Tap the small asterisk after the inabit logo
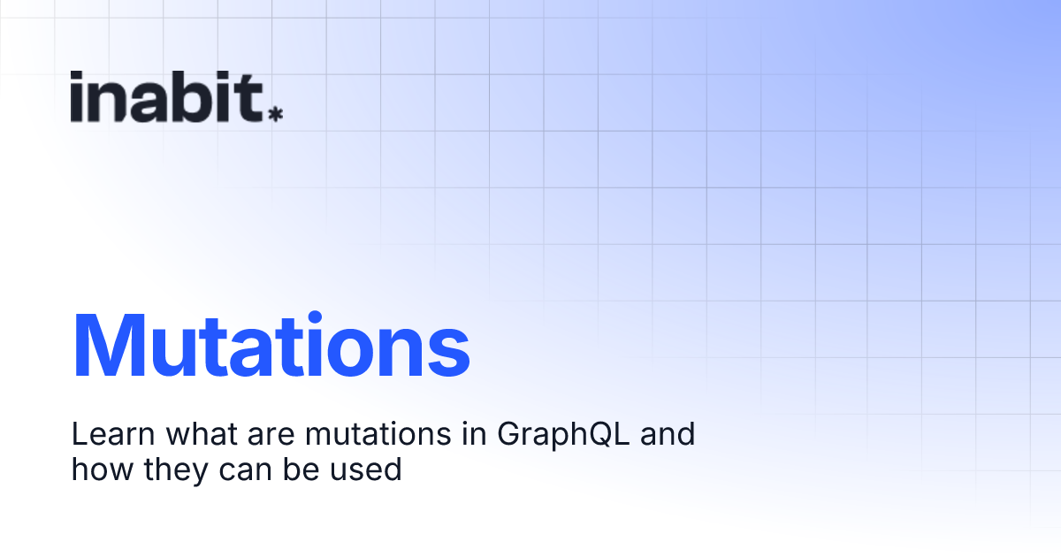click(276, 114)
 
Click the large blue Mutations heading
click(271, 346)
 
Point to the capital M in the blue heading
click(112, 346)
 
